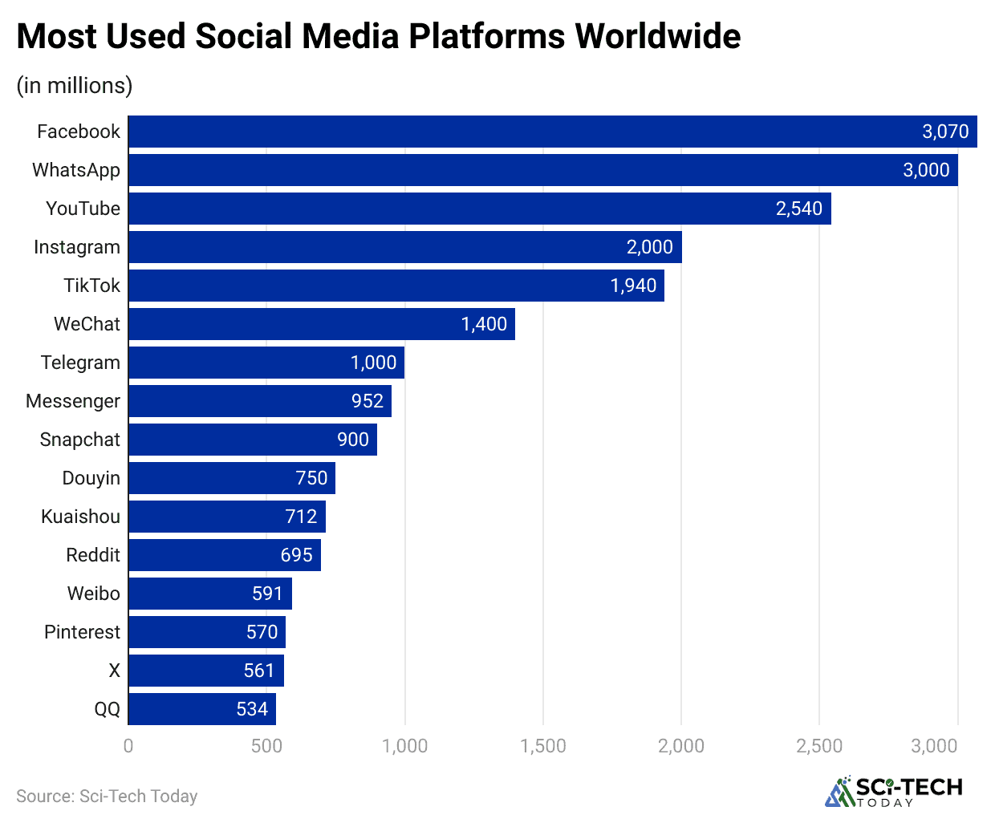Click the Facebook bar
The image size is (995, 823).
click(553, 132)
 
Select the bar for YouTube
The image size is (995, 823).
click(480, 209)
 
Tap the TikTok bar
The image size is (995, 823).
click(396, 286)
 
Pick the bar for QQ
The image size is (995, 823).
click(202, 709)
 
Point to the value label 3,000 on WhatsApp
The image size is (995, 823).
click(926, 170)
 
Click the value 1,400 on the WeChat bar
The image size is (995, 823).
click(484, 324)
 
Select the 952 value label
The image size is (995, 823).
click(368, 401)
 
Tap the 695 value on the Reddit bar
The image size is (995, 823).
click(296, 555)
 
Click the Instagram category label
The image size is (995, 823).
click(77, 247)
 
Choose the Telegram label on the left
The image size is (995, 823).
click(80, 363)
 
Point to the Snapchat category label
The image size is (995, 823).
click(80, 440)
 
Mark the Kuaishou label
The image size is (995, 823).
click(80, 517)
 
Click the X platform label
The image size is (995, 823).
click(114, 671)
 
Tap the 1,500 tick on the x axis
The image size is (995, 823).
click(543, 746)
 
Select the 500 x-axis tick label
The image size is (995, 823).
click(266, 746)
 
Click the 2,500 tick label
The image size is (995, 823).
click(819, 746)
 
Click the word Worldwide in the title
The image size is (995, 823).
click(658, 36)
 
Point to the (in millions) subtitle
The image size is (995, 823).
click(75, 85)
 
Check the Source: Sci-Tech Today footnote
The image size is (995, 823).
click(107, 796)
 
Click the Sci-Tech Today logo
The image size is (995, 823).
click(894, 791)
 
